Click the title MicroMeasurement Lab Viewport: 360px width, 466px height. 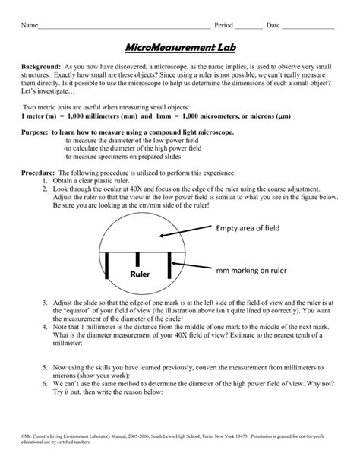pyautogui.click(x=179, y=49)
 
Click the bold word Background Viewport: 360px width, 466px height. pyautogui.click(x=43, y=68)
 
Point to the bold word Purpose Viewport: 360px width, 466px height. pyautogui.click(x=36, y=132)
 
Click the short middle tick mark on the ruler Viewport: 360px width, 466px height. pyautogui.click(x=138, y=258)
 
